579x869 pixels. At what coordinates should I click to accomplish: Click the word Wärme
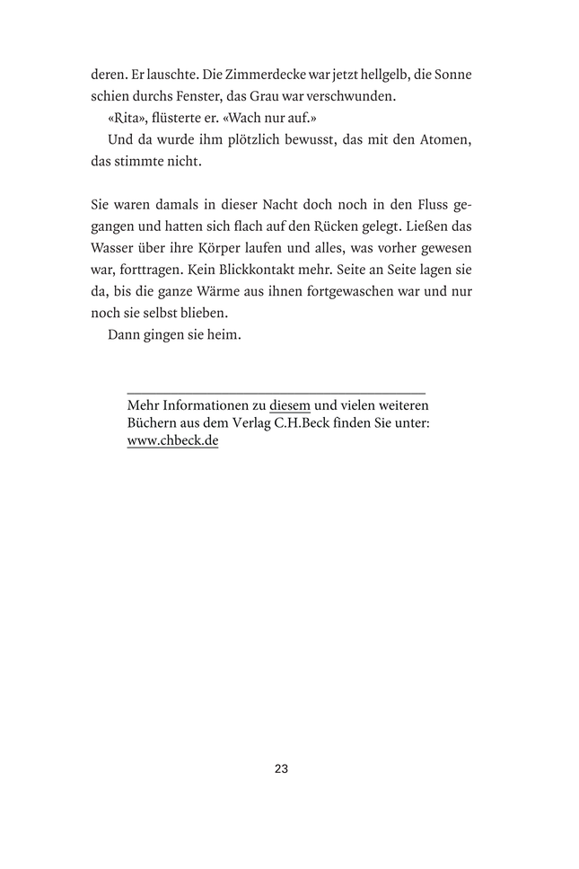tap(239, 292)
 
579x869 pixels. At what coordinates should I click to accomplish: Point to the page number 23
tap(281, 769)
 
